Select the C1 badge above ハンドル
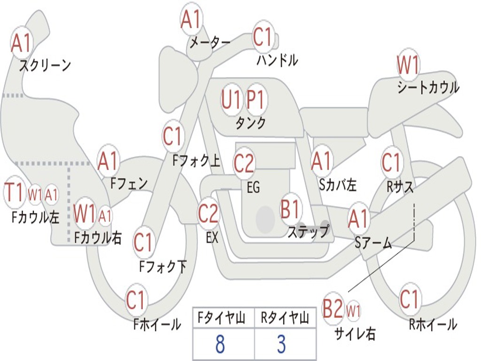point(263,37)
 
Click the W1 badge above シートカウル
point(408,65)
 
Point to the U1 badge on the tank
point(232,100)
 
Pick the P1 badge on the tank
point(256,100)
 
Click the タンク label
point(250,123)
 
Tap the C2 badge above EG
point(244,163)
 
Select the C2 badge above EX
point(208,214)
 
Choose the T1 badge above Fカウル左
point(15,192)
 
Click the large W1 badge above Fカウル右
point(85,214)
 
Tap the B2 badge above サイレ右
point(333,309)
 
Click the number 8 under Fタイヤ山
point(220,344)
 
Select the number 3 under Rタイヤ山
point(281,344)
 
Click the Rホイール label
point(433,324)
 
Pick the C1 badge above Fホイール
point(136,300)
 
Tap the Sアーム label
point(373,243)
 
